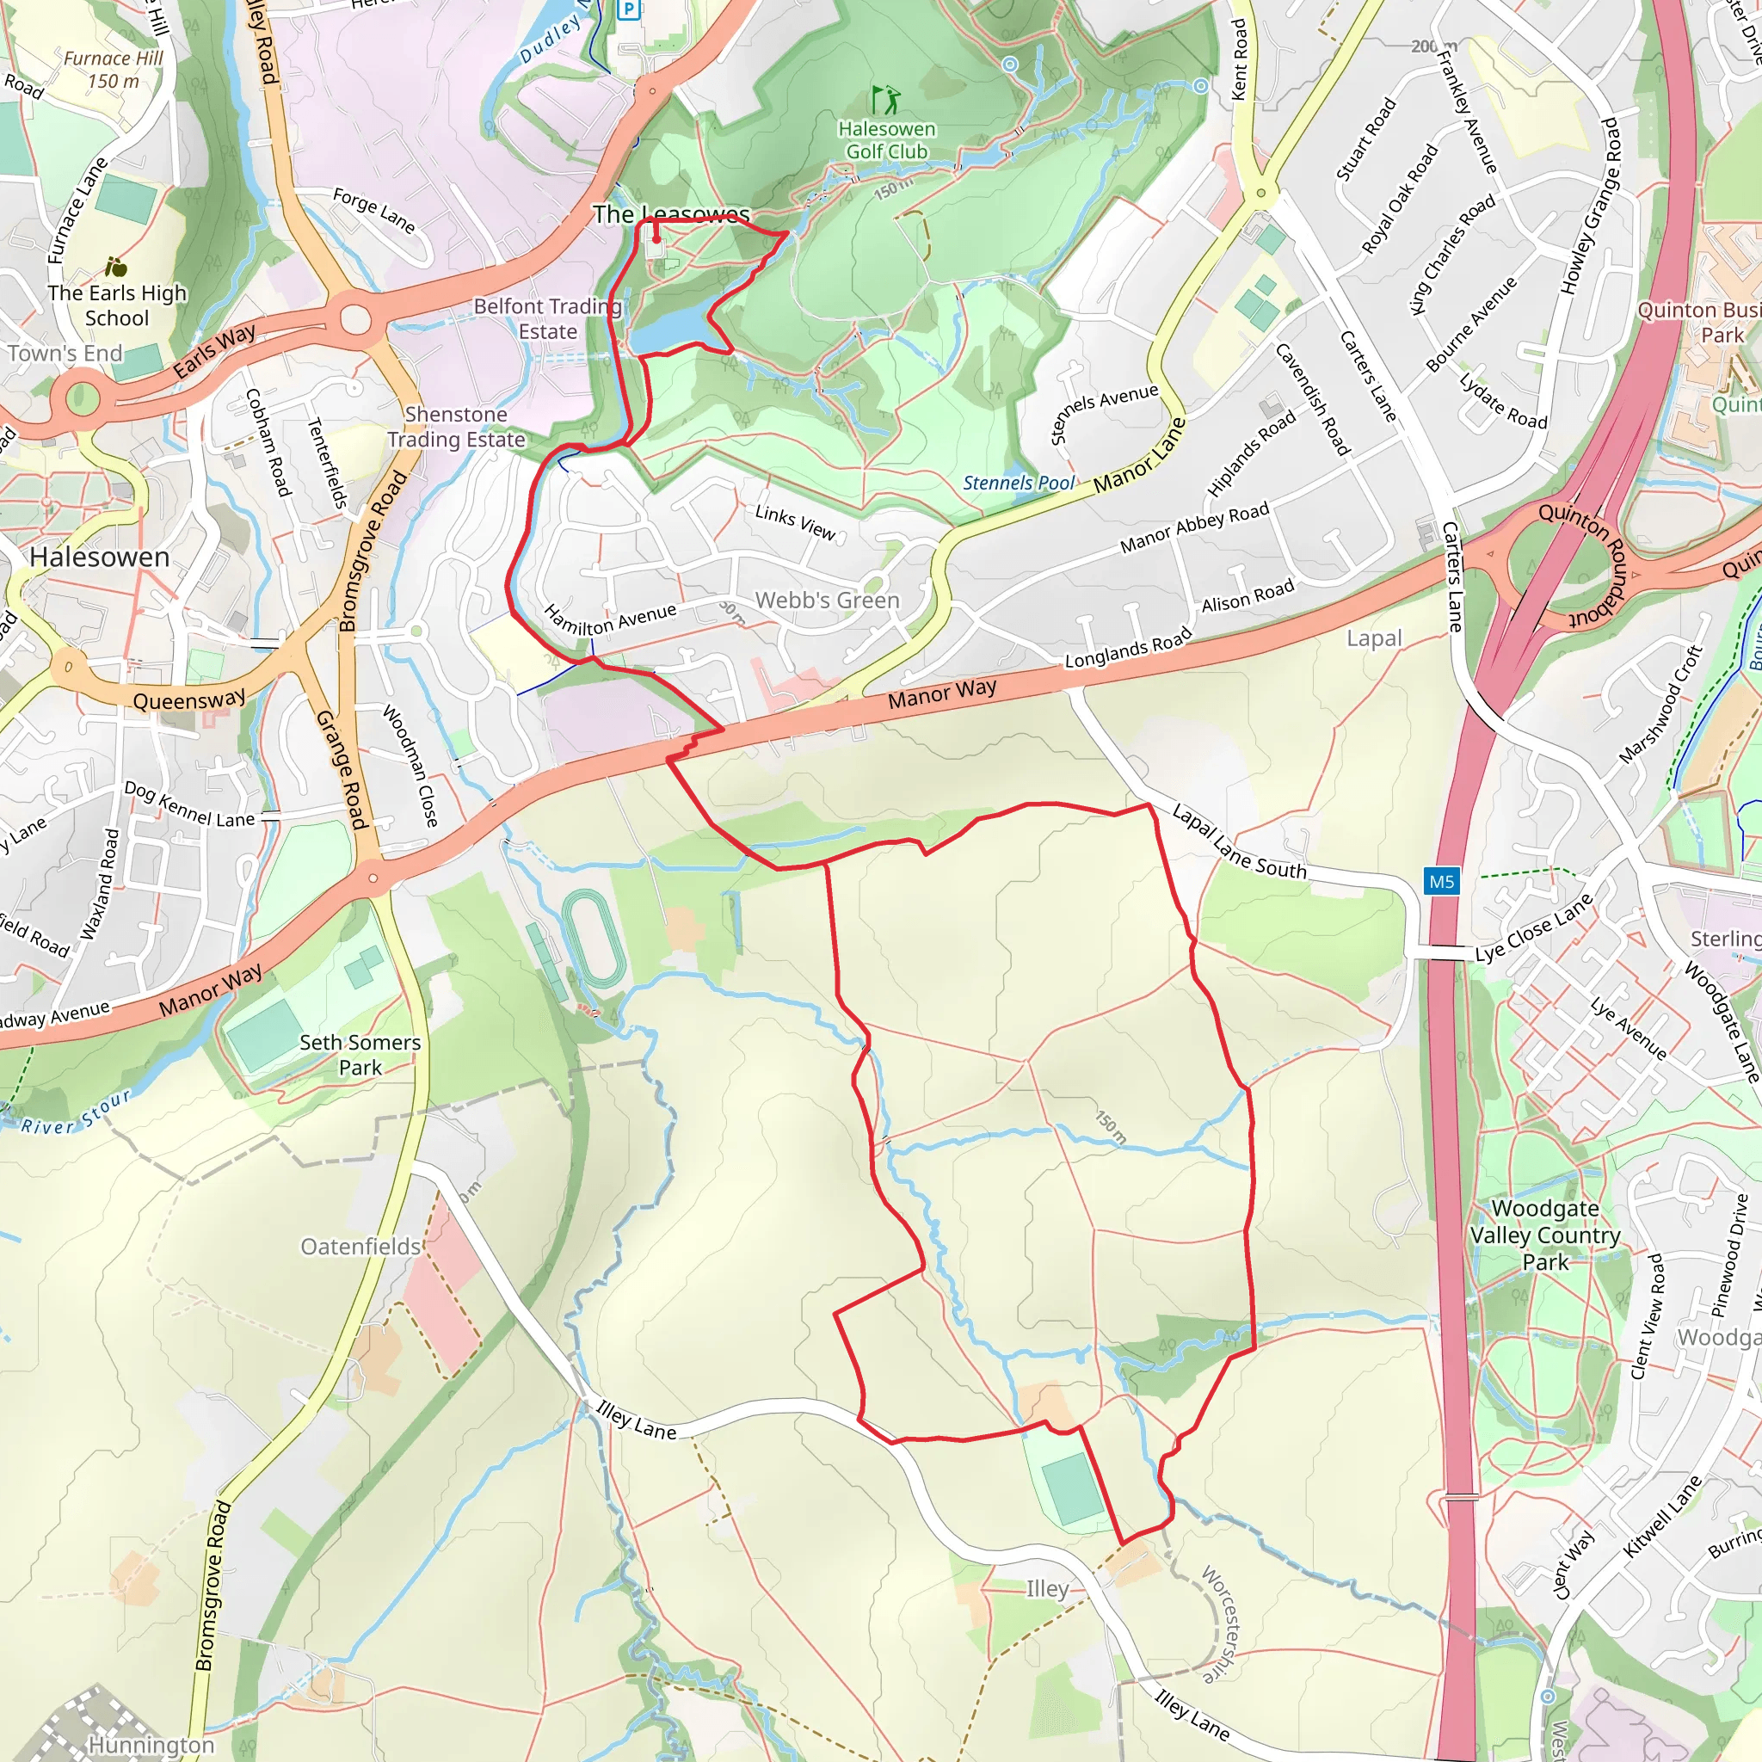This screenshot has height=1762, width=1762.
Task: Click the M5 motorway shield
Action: [1441, 881]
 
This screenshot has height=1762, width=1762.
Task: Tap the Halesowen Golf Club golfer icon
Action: [885, 98]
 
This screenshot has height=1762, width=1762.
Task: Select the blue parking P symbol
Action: [628, 10]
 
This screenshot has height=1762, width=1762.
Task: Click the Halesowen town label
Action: [100, 558]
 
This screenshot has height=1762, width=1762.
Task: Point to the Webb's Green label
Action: [827, 601]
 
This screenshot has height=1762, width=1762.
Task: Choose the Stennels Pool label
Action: [1019, 483]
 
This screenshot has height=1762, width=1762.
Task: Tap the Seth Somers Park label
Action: [360, 1054]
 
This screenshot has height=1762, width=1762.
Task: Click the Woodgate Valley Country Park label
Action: [1545, 1235]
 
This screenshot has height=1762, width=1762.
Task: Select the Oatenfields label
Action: [361, 1246]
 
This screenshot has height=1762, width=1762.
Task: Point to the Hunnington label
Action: [151, 1744]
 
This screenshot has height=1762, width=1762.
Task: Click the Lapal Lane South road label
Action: [1239, 841]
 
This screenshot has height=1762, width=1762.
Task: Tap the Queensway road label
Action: [189, 699]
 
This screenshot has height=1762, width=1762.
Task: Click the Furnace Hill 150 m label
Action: [114, 70]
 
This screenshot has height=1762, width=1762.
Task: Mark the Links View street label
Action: [795, 521]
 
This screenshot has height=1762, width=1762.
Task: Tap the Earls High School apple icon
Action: [116, 268]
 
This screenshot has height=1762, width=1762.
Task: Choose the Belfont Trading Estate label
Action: [547, 318]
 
